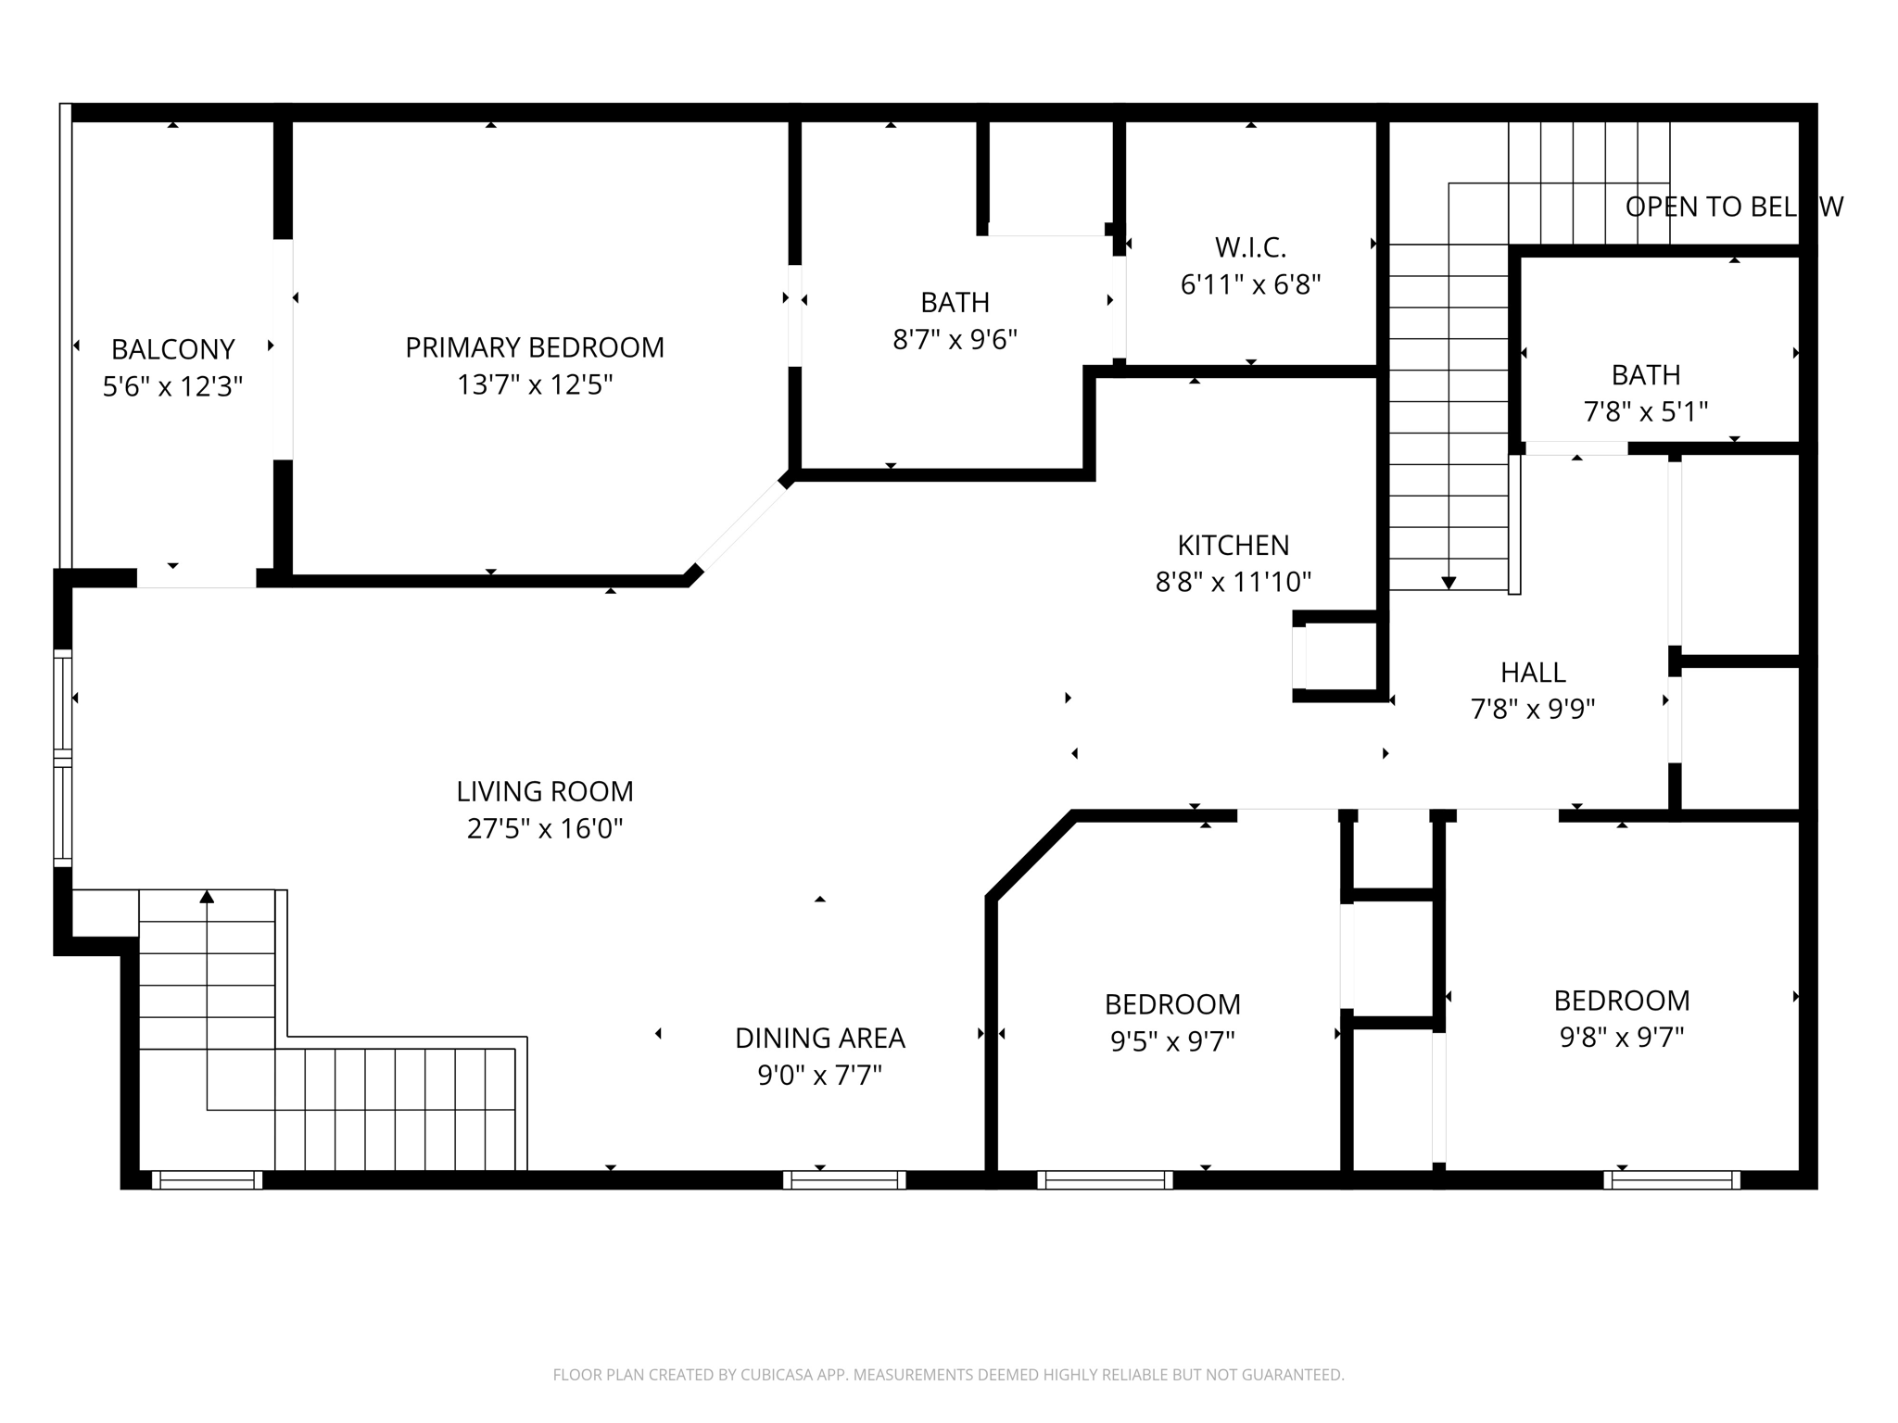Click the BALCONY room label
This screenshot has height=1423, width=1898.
pyautogui.click(x=172, y=349)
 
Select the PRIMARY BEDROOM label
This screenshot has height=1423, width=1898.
pyautogui.click(x=535, y=347)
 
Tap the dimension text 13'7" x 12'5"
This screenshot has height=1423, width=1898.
pyautogui.click(x=535, y=384)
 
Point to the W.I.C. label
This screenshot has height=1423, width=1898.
pyautogui.click(x=1250, y=247)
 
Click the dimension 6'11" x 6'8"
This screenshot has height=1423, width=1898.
pyautogui.click(x=1250, y=284)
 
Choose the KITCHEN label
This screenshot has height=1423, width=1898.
pyautogui.click(x=1233, y=545)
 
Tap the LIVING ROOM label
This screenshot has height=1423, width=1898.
pyautogui.click(x=545, y=791)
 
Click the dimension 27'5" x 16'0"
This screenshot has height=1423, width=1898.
pyautogui.click(x=545, y=828)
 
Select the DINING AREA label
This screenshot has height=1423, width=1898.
pyautogui.click(x=819, y=1039)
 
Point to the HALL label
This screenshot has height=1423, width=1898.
pyautogui.click(x=1533, y=672)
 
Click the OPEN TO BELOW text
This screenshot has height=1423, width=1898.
pyautogui.click(x=1733, y=207)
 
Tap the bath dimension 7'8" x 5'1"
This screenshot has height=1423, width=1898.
pyautogui.click(x=1645, y=411)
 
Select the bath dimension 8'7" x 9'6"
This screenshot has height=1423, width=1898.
pyautogui.click(x=955, y=340)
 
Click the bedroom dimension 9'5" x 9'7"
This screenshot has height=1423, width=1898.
pyautogui.click(x=1172, y=1042)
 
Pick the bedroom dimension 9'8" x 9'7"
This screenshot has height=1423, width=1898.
pyautogui.click(x=1621, y=1038)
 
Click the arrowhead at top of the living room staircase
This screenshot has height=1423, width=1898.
pyautogui.click(x=207, y=897)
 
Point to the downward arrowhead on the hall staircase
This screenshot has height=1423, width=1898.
pyautogui.click(x=1449, y=583)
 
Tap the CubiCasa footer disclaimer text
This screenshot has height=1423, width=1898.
pyautogui.click(x=948, y=1375)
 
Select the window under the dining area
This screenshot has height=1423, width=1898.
pyautogui.click(x=844, y=1179)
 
